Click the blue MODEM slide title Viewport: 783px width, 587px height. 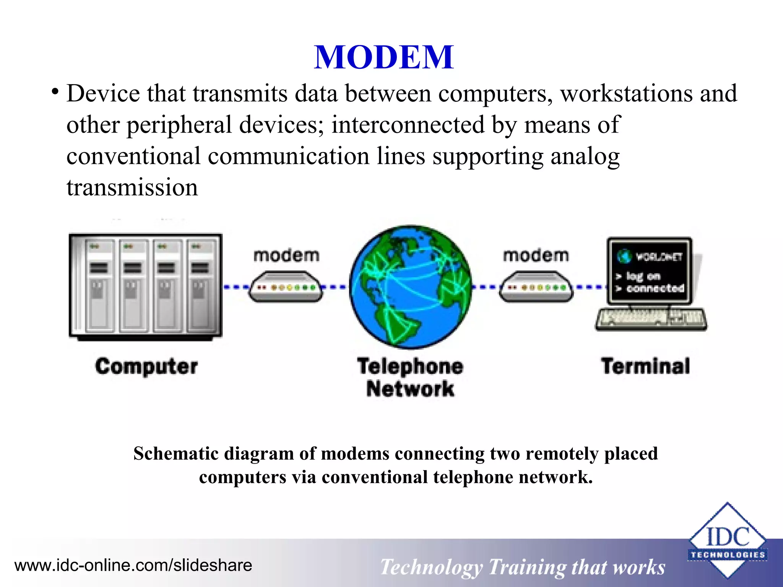pos(384,57)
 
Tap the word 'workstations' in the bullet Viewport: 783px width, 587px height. pos(626,94)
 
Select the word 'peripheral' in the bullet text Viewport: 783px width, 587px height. pos(179,125)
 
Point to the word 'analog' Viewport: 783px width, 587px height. pos(585,157)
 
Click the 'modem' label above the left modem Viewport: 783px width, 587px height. pos(286,256)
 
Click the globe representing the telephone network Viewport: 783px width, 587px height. pos(410,287)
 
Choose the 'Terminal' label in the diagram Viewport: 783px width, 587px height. pos(645,366)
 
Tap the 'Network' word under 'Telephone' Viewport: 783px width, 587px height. pos(410,389)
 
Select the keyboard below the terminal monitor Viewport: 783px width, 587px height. pos(651,319)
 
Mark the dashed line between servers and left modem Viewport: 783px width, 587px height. pos(236,287)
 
